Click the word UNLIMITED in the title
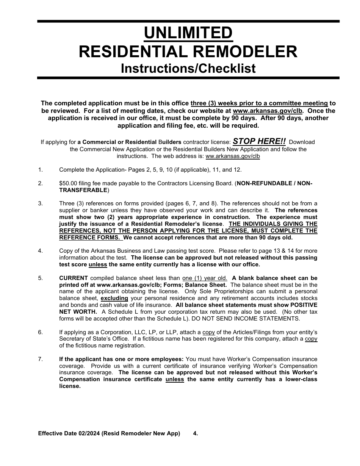188,33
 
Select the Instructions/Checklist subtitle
188,69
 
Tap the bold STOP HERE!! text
259,141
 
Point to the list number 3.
40,203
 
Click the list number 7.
40,359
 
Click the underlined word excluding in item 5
114,299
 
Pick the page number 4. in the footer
196,433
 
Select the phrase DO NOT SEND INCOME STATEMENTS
249,319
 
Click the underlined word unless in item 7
175,380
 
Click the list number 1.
40,170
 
